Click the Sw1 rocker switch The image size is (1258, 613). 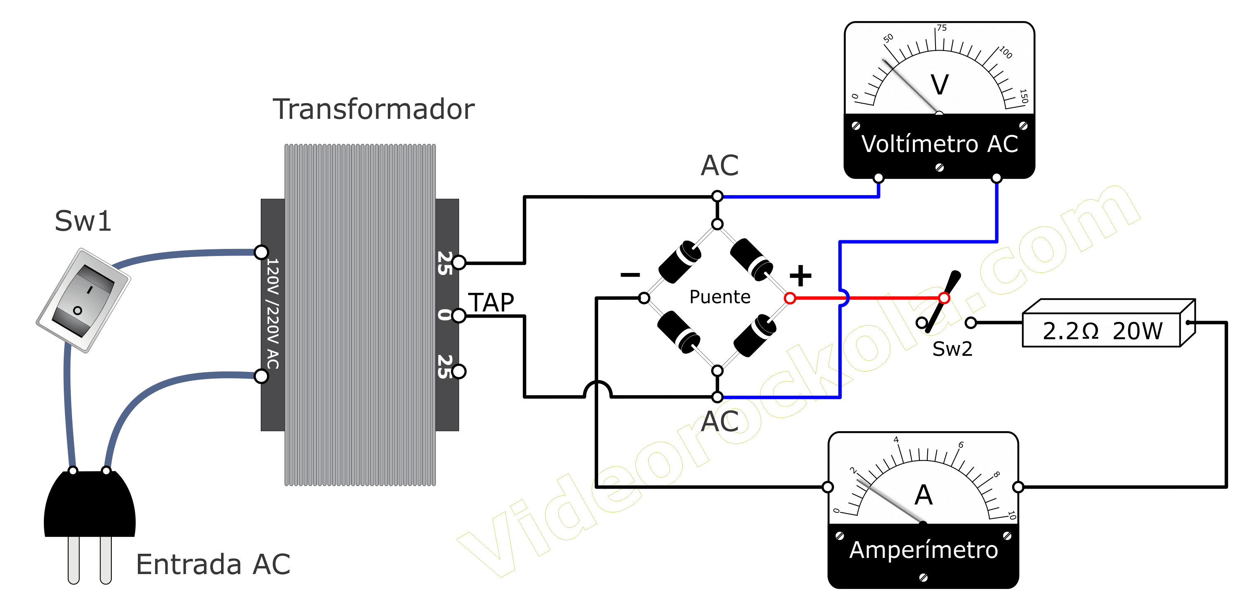(x=84, y=300)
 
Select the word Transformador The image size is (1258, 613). (x=373, y=109)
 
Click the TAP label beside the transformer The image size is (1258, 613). (x=491, y=302)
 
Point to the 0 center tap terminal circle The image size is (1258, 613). (x=459, y=316)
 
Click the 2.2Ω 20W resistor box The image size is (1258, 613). (x=1109, y=323)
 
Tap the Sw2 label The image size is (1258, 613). (x=952, y=349)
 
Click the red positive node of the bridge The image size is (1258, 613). (x=790, y=298)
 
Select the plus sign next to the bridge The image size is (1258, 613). (x=801, y=276)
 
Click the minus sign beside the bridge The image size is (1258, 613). (x=630, y=275)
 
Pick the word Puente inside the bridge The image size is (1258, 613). (x=720, y=297)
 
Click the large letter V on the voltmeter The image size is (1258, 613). (x=940, y=84)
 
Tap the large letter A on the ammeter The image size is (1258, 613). (x=924, y=495)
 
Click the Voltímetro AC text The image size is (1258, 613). (x=940, y=144)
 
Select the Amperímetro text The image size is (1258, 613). (x=924, y=550)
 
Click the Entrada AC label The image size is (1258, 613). (x=213, y=565)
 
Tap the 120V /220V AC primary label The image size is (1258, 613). (x=272, y=314)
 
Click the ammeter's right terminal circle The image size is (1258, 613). (x=1018, y=487)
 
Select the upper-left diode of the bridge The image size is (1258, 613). (x=680, y=262)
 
